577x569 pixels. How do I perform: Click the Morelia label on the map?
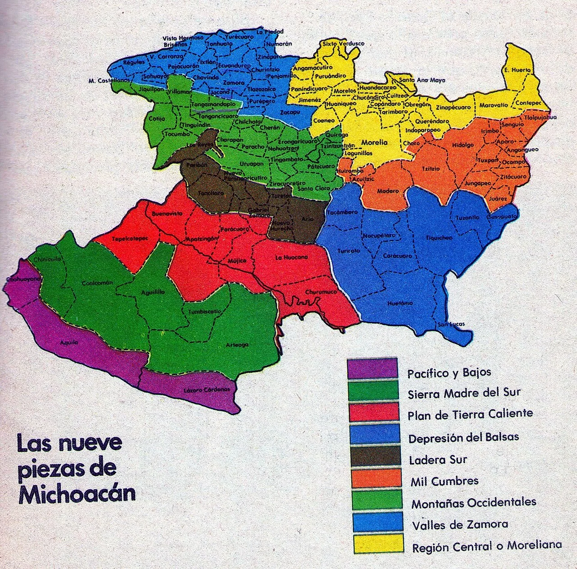pyautogui.click(x=375, y=142)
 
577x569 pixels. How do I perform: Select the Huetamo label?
pyautogui.click(x=400, y=303)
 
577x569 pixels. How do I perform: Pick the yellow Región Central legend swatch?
pyautogui.click(x=372, y=543)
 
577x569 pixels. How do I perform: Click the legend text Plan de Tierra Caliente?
pyautogui.click(x=470, y=413)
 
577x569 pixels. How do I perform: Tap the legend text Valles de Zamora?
pyautogui.click(x=459, y=524)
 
